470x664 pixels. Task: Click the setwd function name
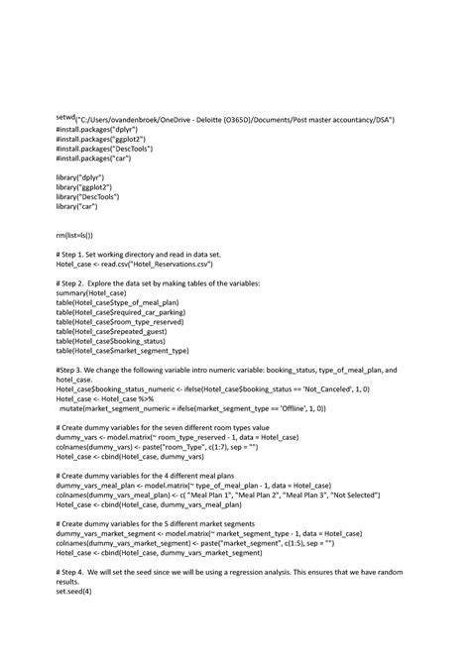[x=65, y=118]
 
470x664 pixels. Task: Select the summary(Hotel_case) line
[x=91, y=293]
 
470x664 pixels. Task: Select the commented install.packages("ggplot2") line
[x=100, y=140]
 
